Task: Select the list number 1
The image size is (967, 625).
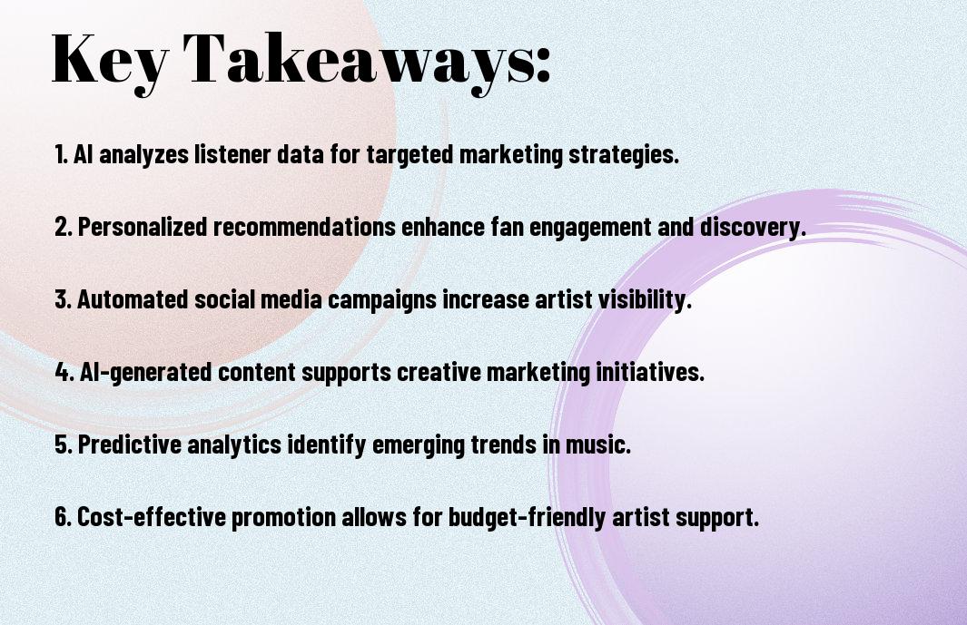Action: coord(61,154)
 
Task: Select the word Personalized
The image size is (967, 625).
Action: coord(143,227)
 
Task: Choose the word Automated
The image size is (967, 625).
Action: coord(133,299)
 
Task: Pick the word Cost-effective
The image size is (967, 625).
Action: coord(152,516)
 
